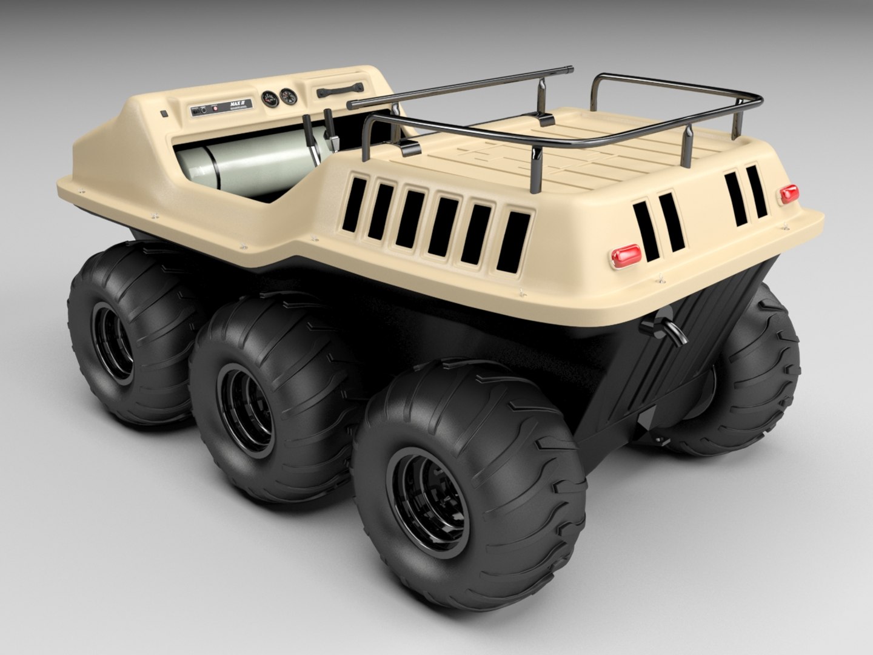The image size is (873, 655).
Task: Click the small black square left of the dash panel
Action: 164,113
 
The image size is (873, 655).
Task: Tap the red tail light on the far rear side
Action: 789,194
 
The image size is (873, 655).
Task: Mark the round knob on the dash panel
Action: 204,110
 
